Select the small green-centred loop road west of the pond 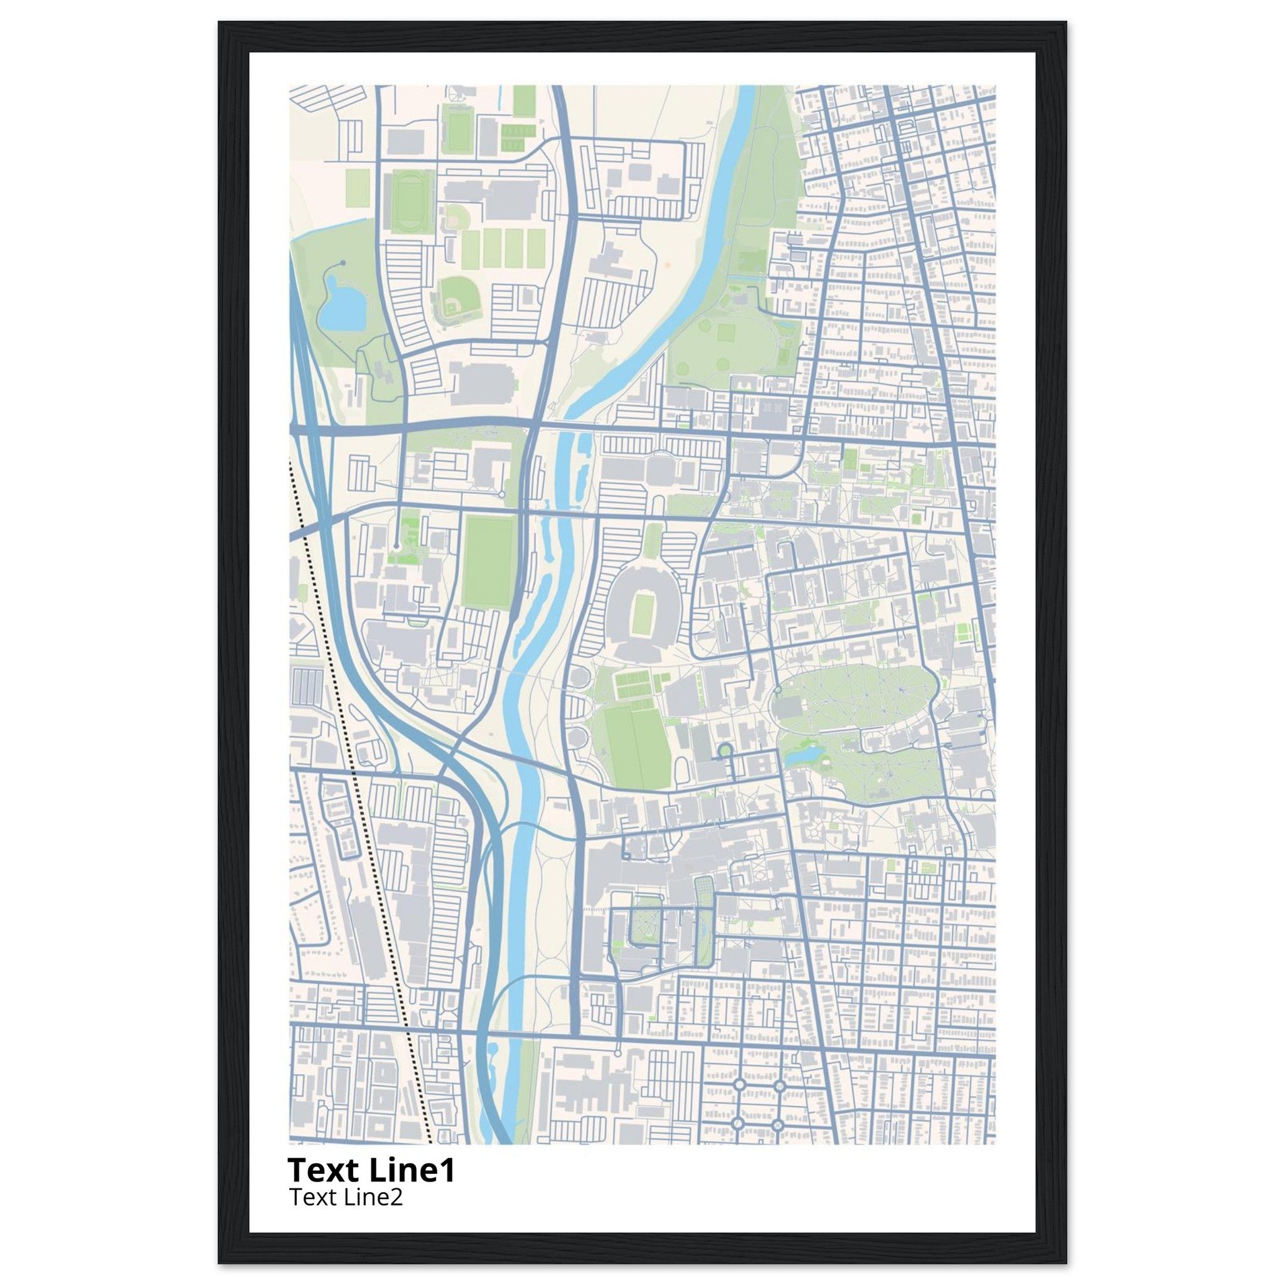coord(725,751)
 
